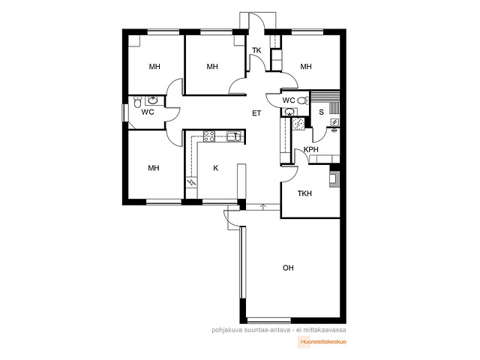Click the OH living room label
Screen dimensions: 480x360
pos(288,268)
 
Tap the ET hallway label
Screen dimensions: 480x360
pos(256,113)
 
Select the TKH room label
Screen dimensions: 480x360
pos(304,193)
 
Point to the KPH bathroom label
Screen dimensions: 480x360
pos(311,150)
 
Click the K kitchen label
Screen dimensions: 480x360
pos(216,168)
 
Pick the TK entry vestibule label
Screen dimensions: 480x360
pos(256,50)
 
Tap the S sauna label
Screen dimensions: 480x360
pos(321,112)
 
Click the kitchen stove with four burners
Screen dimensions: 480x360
pos(209,136)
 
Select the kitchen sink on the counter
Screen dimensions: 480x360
pos(234,136)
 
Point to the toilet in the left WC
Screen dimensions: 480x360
pos(137,102)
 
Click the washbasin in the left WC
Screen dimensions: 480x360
pos(152,100)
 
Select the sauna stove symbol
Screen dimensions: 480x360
pos(334,122)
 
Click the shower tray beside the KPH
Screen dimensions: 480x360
pos(298,124)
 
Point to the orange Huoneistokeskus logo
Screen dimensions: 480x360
pos(322,342)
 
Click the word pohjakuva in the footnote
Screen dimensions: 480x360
pos(223,330)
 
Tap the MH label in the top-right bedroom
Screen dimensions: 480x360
pos(306,67)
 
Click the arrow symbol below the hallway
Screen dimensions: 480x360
pos(263,207)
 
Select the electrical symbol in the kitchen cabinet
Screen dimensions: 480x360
pos(192,183)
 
